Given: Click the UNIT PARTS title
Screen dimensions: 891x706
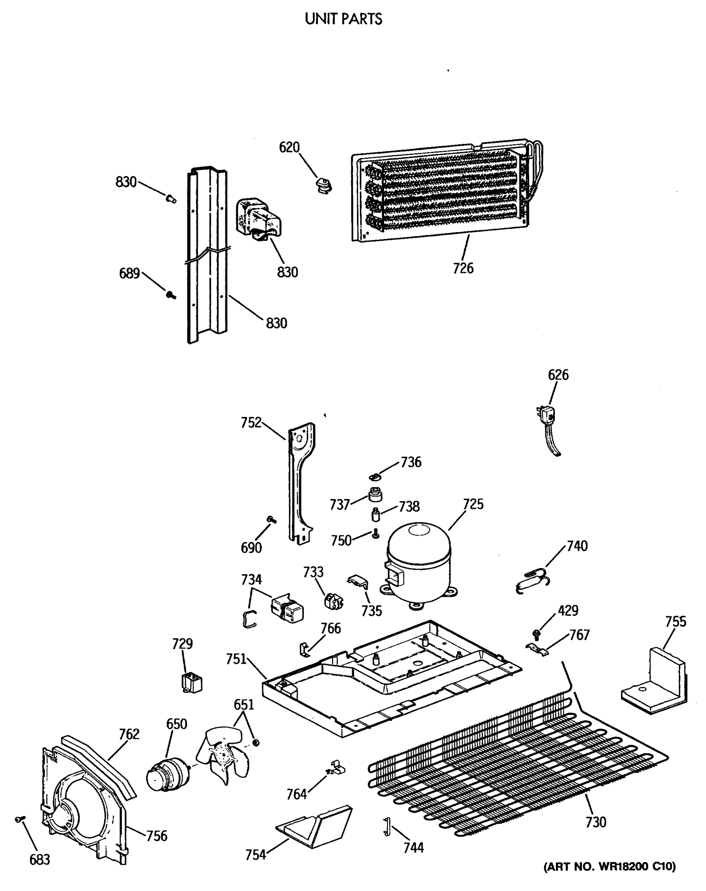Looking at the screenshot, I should (x=343, y=19).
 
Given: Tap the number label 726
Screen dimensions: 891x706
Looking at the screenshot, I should (x=463, y=268).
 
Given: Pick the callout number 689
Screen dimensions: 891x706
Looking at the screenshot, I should (x=129, y=274).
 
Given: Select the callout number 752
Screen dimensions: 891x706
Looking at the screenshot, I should (x=251, y=422).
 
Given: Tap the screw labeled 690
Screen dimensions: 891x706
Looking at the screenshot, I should (x=271, y=519).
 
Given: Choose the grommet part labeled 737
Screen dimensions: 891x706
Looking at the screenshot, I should (x=375, y=494).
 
